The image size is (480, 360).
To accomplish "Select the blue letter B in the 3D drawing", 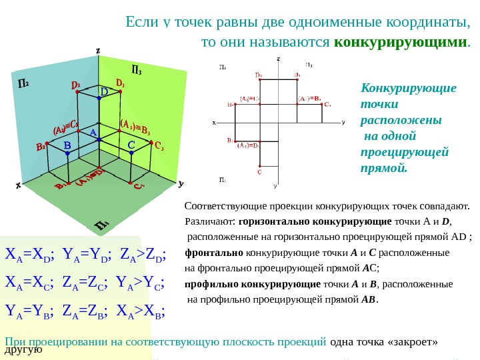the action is pos(67,145).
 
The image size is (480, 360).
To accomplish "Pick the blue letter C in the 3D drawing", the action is pos(131,145).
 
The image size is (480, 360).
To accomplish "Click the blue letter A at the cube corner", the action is pos(93,133).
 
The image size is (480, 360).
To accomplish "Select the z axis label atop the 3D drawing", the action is pos(98,50).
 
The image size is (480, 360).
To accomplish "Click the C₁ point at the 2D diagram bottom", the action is pos(259,171).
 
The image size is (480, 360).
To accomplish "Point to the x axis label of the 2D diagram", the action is pos(214,123).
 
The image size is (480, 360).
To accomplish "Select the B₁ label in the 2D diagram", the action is pos(230,141).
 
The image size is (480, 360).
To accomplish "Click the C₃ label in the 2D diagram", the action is pos(327,105).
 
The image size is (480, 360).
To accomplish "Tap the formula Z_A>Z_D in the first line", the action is pos(143,254).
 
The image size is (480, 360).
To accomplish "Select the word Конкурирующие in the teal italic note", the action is pos(408,89).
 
